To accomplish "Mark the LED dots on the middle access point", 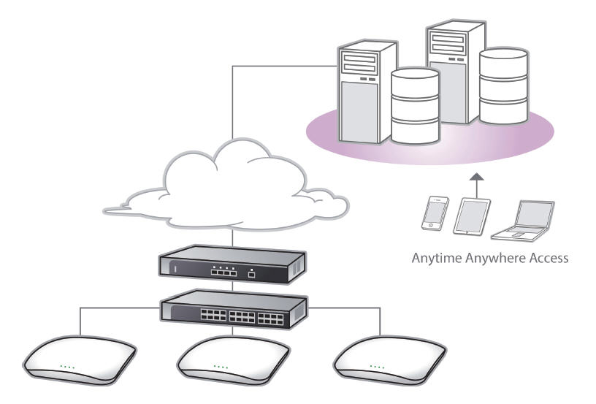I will coord(220,366).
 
